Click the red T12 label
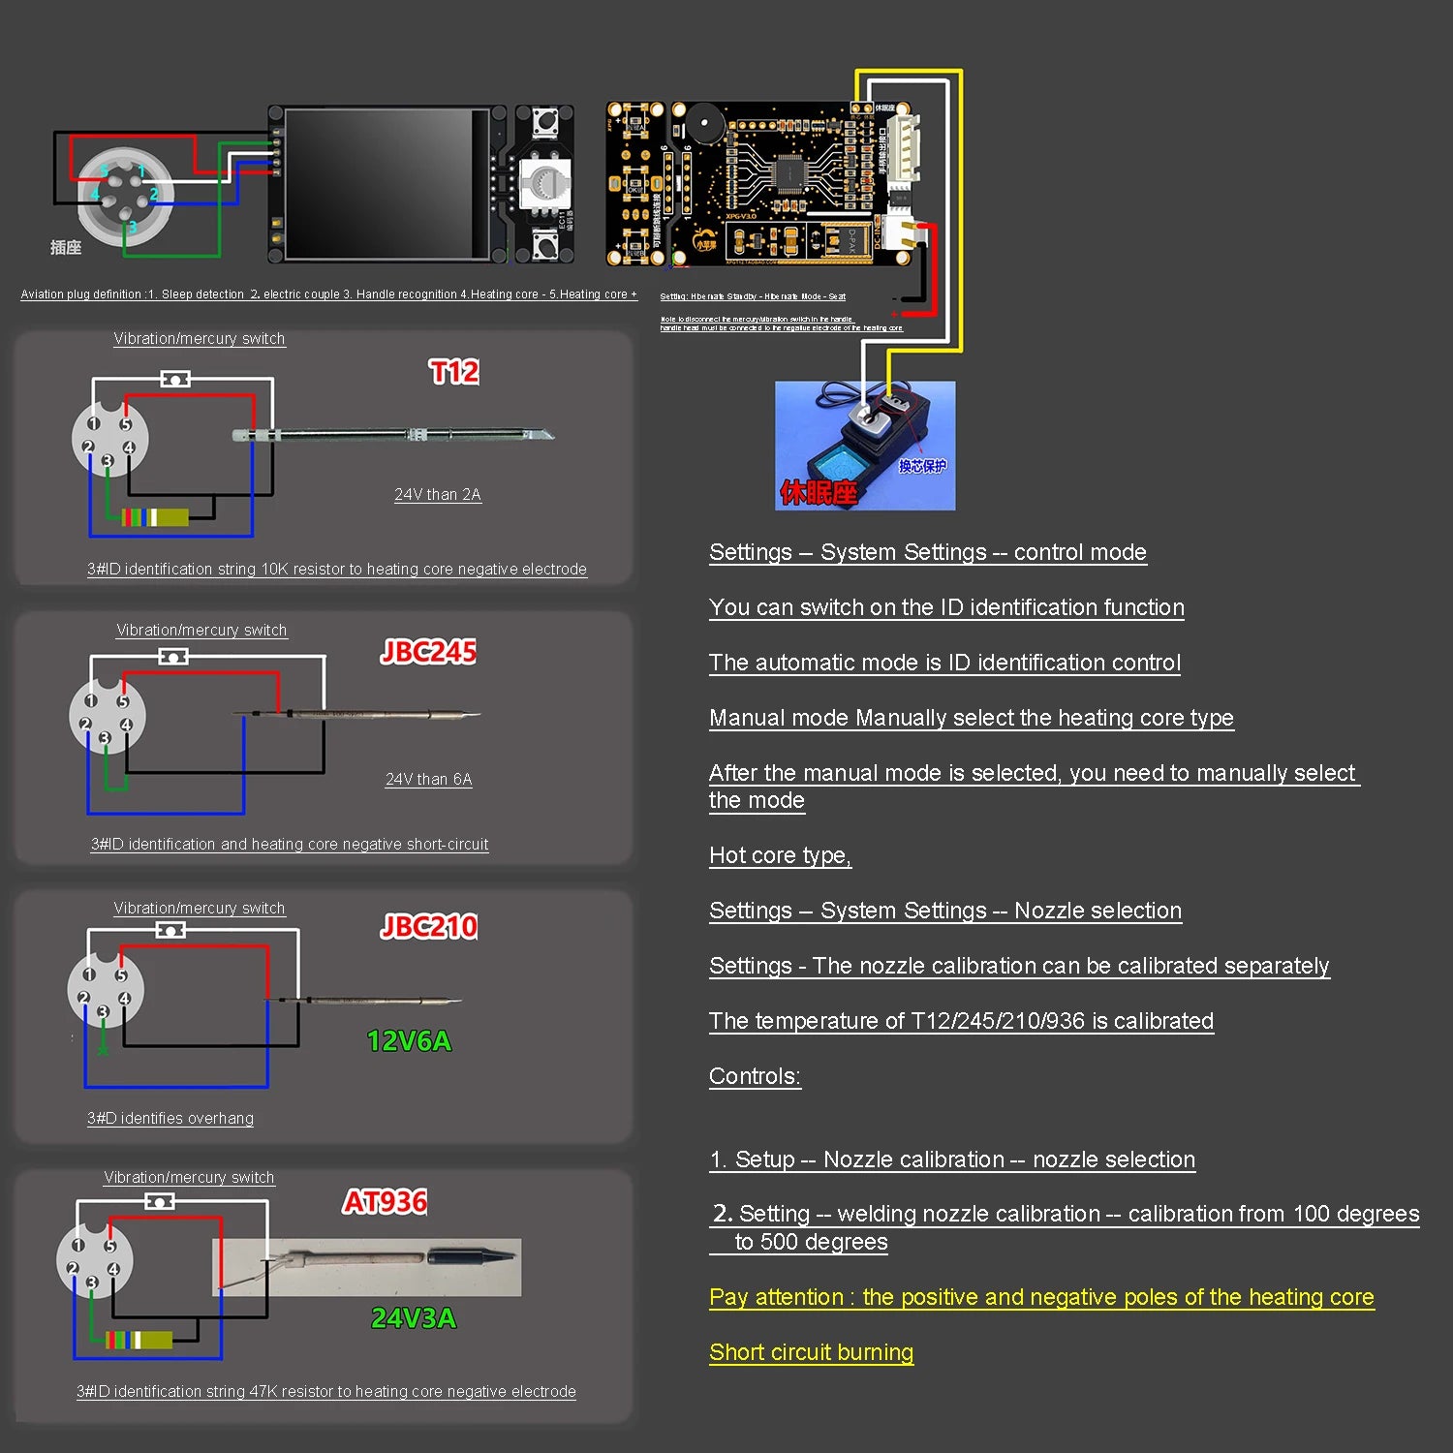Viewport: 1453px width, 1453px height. (454, 372)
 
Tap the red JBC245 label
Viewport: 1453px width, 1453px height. (428, 652)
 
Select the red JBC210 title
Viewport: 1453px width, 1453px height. (429, 927)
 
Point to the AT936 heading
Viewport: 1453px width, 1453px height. (385, 1202)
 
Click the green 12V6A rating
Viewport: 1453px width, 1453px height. (409, 1041)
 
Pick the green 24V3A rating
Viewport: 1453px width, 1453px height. (414, 1318)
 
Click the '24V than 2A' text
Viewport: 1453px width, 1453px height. (438, 495)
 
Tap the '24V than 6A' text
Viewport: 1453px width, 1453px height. (429, 780)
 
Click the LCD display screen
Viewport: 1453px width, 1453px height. (386, 184)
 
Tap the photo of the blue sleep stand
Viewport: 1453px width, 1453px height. (864, 446)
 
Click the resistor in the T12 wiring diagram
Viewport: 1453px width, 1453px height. (156, 517)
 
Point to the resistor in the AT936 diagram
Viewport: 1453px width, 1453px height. (139, 1341)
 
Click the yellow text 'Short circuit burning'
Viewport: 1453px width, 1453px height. (811, 1352)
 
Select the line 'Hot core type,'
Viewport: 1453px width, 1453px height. (780, 855)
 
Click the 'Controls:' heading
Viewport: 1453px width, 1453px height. (755, 1076)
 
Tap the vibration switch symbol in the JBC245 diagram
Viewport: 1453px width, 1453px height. (173, 657)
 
